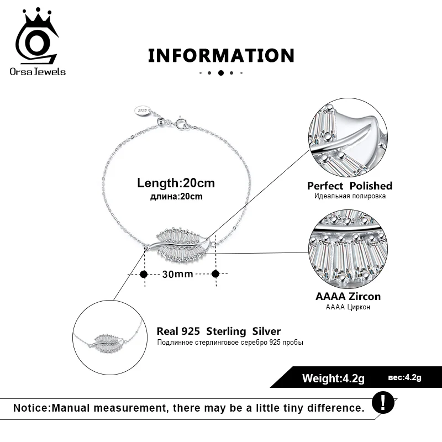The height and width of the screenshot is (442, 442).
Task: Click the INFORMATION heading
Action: (221, 55)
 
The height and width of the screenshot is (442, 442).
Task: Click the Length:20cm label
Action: (176, 183)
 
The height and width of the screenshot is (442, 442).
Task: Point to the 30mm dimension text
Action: (177, 274)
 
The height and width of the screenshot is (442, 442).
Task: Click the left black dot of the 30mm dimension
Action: (144, 273)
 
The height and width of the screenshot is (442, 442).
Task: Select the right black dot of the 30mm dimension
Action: (215, 273)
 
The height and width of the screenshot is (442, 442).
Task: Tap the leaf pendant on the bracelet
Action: (180, 245)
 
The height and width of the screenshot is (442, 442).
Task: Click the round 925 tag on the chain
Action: (143, 111)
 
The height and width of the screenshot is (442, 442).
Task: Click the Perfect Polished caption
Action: (349, 186)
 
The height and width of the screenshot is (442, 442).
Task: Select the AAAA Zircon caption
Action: (348, 296)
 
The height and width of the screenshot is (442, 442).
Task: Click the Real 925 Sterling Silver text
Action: (219, 331)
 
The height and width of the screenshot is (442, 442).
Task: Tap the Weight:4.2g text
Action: (333, 378)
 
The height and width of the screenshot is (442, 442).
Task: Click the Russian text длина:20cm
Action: (176, 197)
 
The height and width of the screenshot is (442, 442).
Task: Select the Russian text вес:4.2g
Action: (404, 378)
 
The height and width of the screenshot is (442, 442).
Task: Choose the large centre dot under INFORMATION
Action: (221, 72)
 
